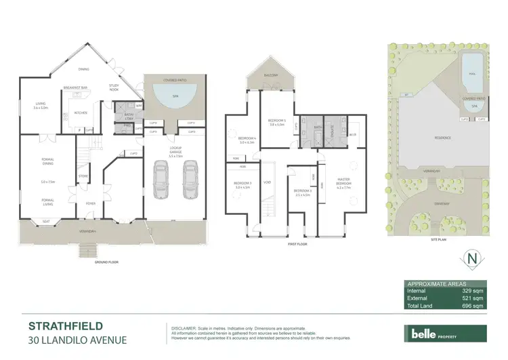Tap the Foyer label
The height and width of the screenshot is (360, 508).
(90, 203)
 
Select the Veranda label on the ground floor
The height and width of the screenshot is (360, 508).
(91, 233)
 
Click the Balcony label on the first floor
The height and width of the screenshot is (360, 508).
(272, 75)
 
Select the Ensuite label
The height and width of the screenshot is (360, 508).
(334, 127)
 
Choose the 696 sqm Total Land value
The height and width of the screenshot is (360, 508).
(473, 306)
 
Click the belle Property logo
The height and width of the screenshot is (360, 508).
(440, 334)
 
